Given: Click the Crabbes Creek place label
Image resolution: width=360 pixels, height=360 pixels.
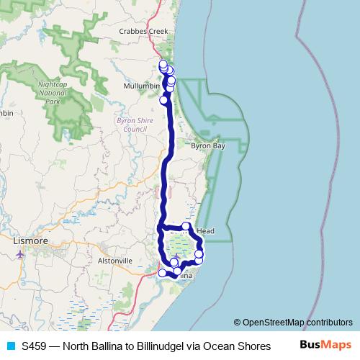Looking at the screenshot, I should (x=143, y=32).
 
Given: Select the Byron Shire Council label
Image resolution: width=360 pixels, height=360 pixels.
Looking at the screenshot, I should (x=132, y=125).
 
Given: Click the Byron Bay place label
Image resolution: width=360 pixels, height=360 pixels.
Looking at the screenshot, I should (x=208, y=145).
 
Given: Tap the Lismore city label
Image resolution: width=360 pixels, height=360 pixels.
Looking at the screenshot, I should (x=31, y=241).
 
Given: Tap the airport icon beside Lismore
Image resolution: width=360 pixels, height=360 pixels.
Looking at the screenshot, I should (x=19, y=253).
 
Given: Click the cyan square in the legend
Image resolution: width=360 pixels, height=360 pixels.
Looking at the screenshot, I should (x=10, y=346).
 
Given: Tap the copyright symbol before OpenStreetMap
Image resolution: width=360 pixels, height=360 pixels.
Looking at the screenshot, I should (x=238, y=322).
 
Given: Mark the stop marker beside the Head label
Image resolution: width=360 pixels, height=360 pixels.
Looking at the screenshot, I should (x=186, y=227).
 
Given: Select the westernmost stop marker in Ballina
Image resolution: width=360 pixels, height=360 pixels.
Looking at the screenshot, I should (x=163, y=273).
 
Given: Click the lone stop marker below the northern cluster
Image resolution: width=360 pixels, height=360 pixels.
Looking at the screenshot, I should (x=163, y=100).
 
